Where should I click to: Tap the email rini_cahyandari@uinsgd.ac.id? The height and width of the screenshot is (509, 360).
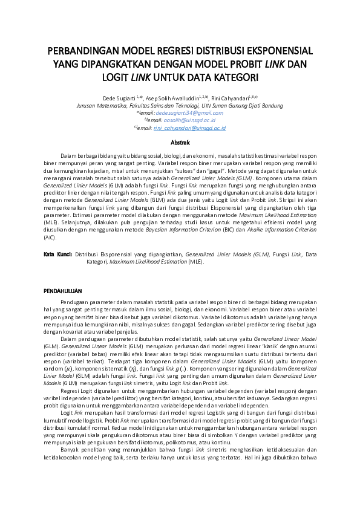click(x=189, y=128)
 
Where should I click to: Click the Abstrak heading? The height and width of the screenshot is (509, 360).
click(x=180, y=143)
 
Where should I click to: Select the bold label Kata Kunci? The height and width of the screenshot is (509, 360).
click(x=58, y=254)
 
